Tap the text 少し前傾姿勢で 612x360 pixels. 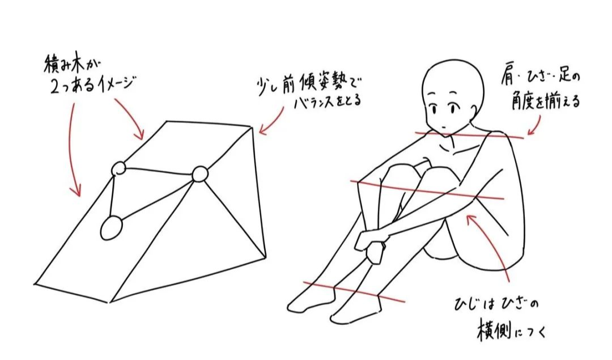(308, 86)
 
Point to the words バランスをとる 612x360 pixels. (327, 103)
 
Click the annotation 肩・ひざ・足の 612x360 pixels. (541, 78)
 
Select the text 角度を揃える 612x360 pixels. (546, 101)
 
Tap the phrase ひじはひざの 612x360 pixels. (496, 304)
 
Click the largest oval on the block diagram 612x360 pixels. (111, 228)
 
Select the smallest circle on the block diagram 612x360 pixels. (118, 169)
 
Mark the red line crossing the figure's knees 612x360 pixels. (427, 190)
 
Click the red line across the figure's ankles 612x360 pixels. (354, 291)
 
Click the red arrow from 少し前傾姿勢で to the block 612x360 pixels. (272, 122)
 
